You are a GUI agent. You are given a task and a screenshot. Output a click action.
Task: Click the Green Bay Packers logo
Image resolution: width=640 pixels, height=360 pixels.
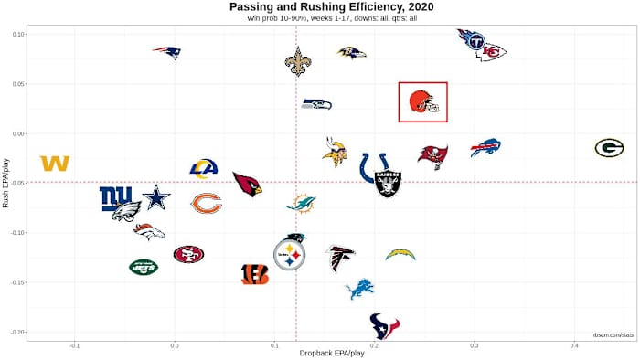609,148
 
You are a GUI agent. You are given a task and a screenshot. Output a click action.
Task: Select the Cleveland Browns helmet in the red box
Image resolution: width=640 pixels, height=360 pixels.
422,101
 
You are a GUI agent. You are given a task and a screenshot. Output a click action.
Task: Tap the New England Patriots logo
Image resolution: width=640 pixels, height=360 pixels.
167,53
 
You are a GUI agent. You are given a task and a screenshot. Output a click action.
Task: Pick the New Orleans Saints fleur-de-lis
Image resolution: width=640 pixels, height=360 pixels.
297,61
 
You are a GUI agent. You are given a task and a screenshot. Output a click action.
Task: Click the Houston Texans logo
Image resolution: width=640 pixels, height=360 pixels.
384,324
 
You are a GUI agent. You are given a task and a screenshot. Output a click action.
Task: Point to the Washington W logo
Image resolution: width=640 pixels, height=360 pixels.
55,163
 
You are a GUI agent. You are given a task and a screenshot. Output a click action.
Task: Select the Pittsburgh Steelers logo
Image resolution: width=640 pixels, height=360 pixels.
290,255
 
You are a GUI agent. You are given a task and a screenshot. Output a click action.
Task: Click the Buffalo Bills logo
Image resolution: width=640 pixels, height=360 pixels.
485,147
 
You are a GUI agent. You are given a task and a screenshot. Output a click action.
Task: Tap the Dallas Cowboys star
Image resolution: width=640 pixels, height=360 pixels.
156,196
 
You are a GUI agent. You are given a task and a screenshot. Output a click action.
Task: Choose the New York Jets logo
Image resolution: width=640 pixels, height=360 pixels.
144,267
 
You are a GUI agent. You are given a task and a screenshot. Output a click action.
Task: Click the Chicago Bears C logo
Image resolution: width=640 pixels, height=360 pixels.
207,203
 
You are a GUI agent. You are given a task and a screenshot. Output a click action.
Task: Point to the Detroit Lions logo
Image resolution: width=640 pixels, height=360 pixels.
359,289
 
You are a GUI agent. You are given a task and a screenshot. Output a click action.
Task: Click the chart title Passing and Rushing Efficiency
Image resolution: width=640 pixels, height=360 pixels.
320,7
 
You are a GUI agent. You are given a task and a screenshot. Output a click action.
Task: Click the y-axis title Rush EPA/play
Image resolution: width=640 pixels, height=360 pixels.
6,183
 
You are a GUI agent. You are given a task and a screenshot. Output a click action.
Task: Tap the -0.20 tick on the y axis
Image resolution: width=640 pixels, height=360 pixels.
16,333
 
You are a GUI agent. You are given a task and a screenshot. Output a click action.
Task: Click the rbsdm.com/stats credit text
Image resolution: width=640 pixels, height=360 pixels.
613,336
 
